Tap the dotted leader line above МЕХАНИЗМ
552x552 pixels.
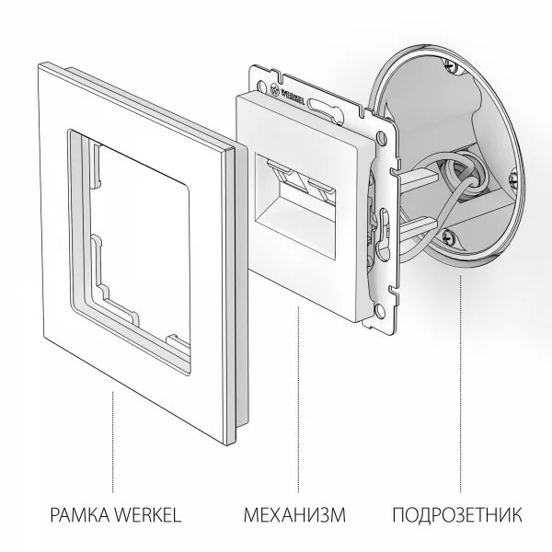tap(296, 405)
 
